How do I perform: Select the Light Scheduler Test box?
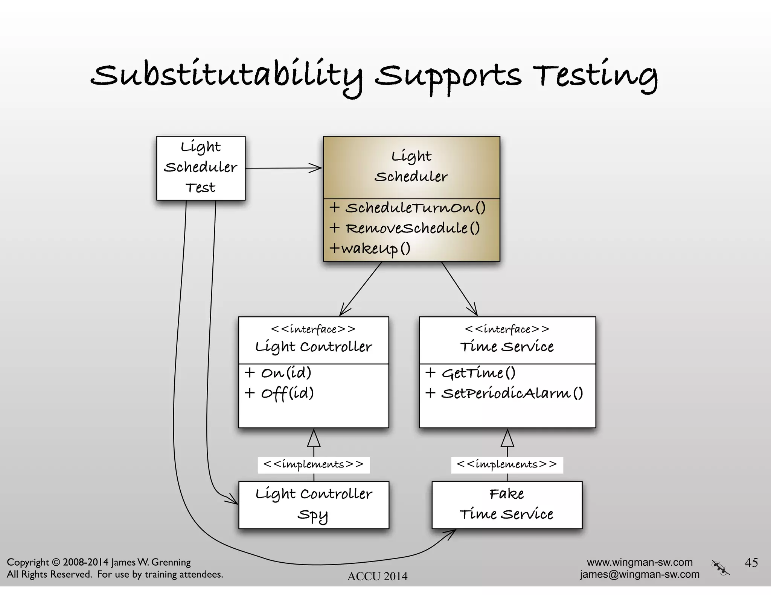201,168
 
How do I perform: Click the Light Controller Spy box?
314,505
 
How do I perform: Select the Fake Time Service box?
507,505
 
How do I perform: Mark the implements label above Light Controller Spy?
314,464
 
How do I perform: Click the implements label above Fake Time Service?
507,464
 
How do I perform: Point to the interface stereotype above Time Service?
507,329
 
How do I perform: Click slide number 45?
751,562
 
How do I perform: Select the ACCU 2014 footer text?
377,576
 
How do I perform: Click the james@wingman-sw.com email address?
639,574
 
